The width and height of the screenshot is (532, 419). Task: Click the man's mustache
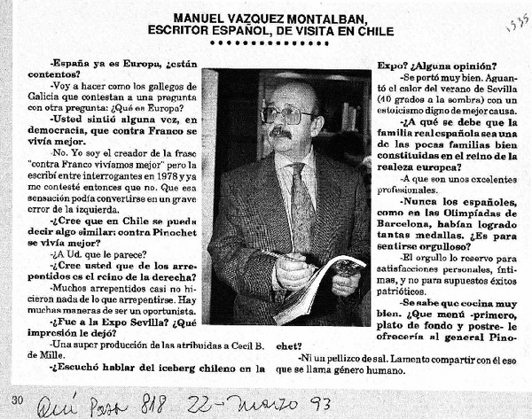281,133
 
